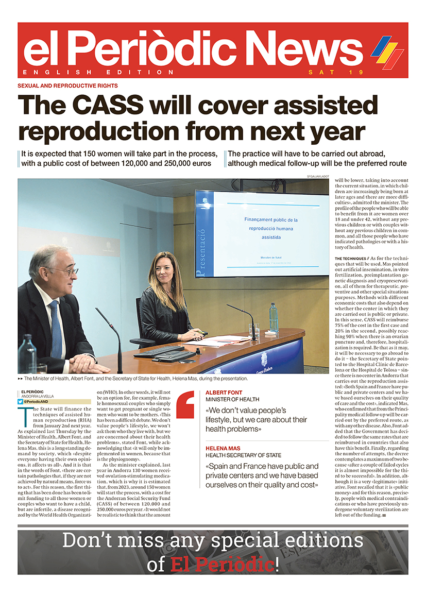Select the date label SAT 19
327,72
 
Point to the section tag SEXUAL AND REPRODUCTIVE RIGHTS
68,86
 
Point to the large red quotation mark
185,404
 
